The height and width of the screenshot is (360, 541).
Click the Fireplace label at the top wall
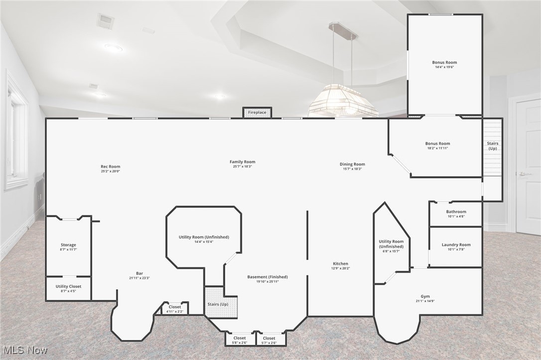pyautogui.click(x=257, y=113)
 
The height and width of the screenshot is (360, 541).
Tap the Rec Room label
pyautogui.click(x=110, y=167)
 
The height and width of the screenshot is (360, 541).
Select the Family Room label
pyautogui.click(x=243, y=162)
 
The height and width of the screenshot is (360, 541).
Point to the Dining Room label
pyautogui.click(x=352, y=164)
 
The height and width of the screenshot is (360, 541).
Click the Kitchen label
pyautogui.click(x=341, y=264)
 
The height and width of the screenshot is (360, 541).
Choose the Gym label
pyautogui.click(x=425, y=297)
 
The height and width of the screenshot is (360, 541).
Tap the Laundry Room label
pyautogui.click(x=456, y=245)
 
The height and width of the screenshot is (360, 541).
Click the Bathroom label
pyautogui.click(x=456, y=212)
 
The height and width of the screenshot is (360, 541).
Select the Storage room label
pyautogui.click(x=68, y=245)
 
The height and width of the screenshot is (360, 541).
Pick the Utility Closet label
pyautogui.click(x=68, y=286)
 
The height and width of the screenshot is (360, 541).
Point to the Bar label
pyautogui.click(x=139, y=273)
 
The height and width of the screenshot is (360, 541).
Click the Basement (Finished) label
pyautogui.click(x=268, y=277)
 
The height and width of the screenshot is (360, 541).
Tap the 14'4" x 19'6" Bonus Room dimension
pyautogui.click(x=444, y=67)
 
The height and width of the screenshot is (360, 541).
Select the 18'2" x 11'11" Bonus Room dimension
pyautogui.click(x=437, y=148)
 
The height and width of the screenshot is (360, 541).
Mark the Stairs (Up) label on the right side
pyautogui.click(x=492, y=146)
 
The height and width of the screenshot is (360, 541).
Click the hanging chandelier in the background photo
pyautogui.click(x=343, y=100)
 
